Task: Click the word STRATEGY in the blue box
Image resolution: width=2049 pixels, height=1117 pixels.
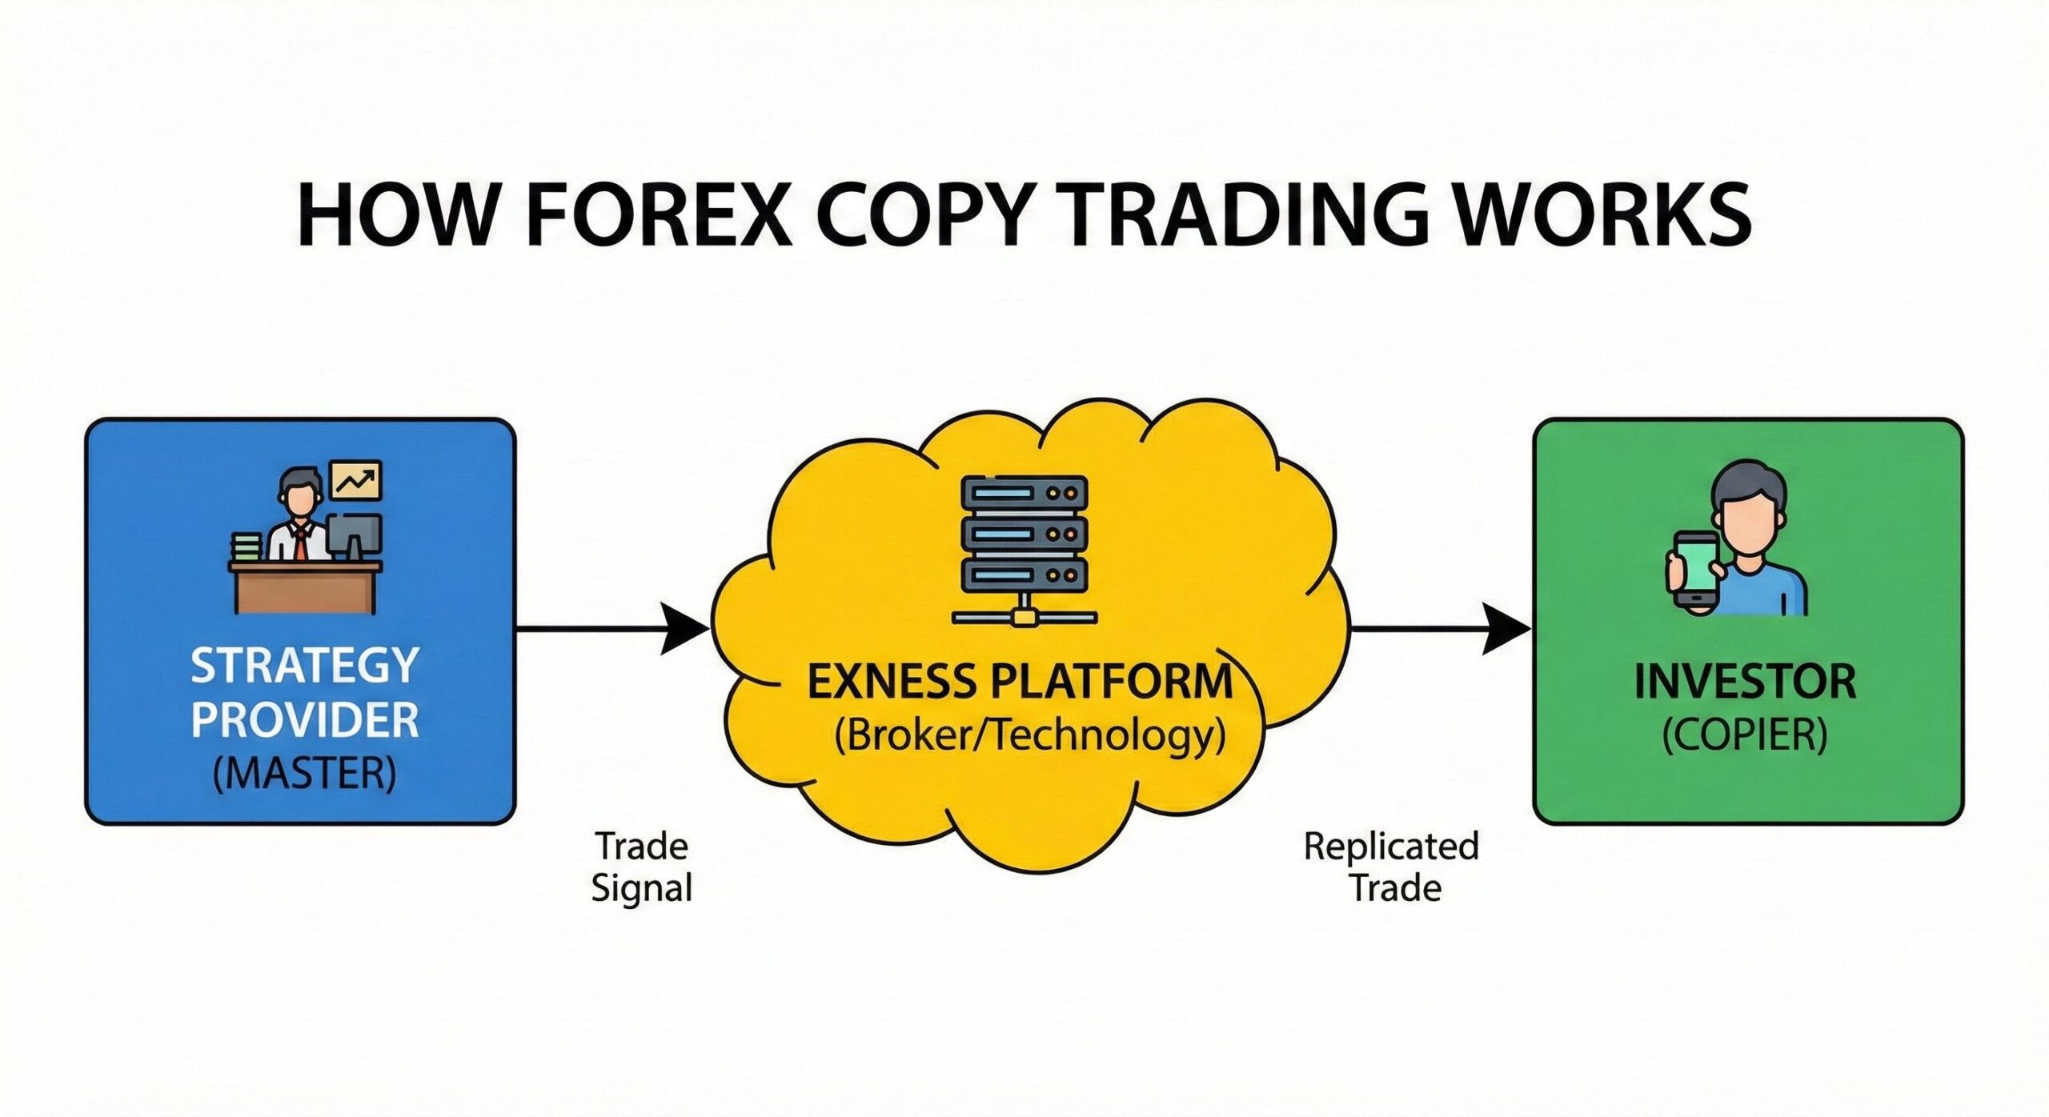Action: (x=304, y=665)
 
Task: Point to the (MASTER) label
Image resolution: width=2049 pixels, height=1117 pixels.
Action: (x=304, y=774)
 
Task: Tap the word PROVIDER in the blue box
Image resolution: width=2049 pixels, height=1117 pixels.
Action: (x=304, y=720)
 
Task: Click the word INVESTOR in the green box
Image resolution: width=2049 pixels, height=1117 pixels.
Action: (x=1745, y=682)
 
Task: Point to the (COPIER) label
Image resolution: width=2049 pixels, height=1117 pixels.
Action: (x=1745, y=735)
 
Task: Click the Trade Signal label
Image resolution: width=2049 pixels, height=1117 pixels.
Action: (x=641, y=867)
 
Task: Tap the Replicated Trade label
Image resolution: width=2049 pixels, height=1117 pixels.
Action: (x=1392, y=867)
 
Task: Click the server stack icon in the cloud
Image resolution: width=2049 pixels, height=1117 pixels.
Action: (x=1024, y=544)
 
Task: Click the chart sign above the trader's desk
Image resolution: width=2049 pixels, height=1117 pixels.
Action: (x=356, y=480)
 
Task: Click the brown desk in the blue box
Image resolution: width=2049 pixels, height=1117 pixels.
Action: (x=305, y=588)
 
